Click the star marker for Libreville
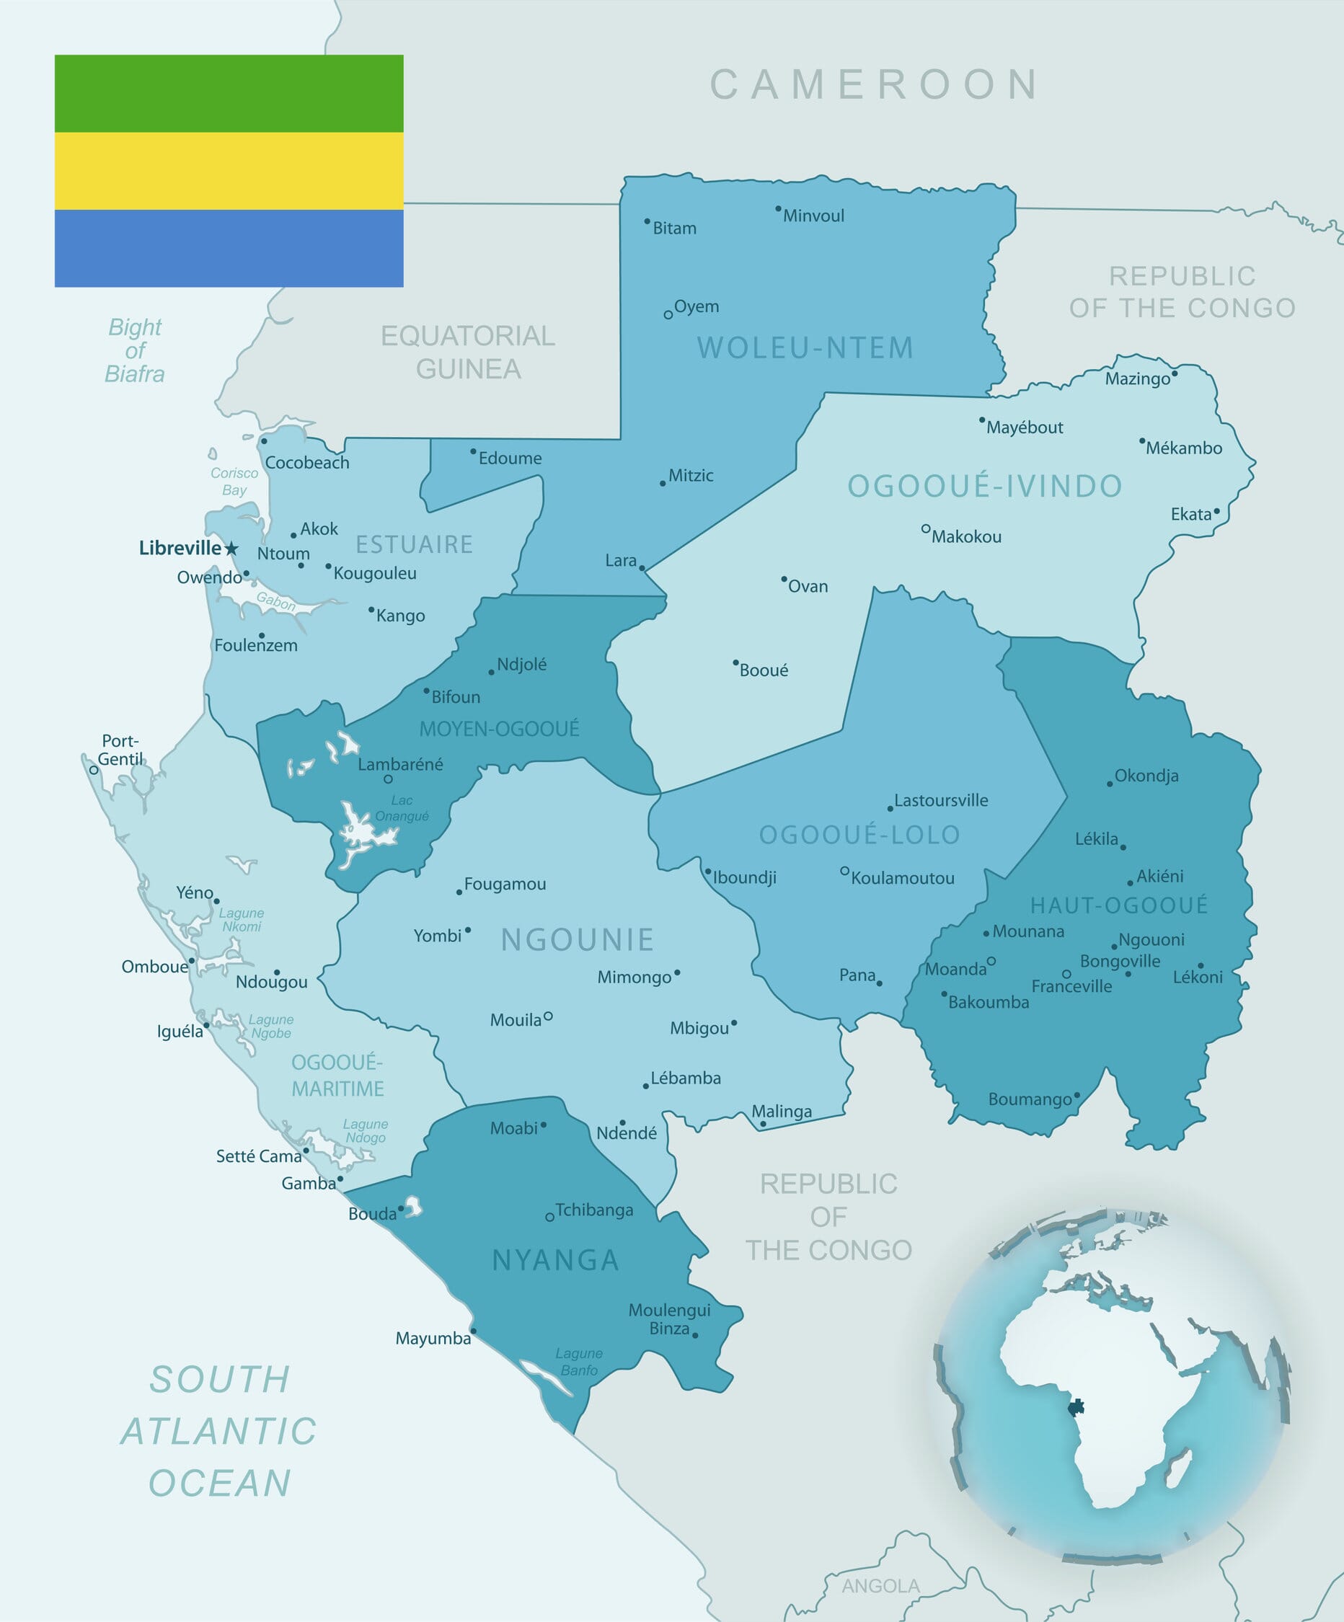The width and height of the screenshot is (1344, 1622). pyautogui.click(x=231, y=549)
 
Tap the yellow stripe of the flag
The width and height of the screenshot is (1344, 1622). pyautogui.click(x=229, y=171)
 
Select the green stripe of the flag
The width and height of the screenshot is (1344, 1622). pyautogui.click(x=229, y=94)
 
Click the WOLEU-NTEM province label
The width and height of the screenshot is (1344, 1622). pyautogui.click(x=805, y=347)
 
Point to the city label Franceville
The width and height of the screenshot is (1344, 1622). pyautogui.click(x=1071, y=986)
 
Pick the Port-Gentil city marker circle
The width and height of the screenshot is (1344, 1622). pyautogui.click(x=94, y=770)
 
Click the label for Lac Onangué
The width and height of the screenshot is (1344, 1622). pyautogui.click(x=402, y=808)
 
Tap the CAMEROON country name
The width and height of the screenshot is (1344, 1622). pyautogui.click(x=875, y=84)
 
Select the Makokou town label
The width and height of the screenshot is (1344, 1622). pyautogui.click(x=965, y=537)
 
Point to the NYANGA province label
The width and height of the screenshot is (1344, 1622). pyautogui.click(x=555, y=1261)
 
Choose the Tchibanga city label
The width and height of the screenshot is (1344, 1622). pyautogui.click(x=594, y=1210)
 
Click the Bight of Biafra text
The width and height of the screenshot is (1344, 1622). pyautogui.click(x=135, y=350)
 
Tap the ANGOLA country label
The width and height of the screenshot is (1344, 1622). pyautogui.click(x=880, y=1586)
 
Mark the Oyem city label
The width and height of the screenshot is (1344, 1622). pyautogui.click(x=696, y=306)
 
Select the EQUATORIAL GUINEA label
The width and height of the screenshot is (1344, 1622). pyautogui.click(x=468, y=353)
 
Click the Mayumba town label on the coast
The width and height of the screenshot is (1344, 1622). pyautogui.click(x=433, y=1339)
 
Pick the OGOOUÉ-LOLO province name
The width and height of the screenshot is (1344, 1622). pyautogui.click(x=859, y=834)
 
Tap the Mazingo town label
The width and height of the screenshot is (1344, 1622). pyautogui.click(x=1137, y=378)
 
